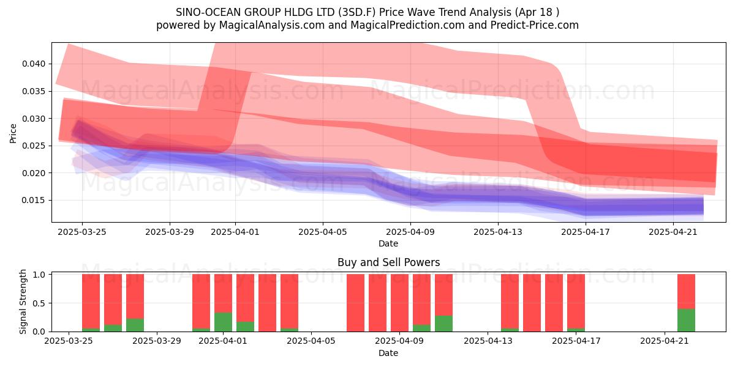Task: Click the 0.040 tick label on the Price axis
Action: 34,64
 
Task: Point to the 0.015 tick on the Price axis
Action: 34,200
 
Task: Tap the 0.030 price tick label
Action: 34,118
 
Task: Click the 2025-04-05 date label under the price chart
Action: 323,232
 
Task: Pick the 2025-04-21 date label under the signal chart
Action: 665,341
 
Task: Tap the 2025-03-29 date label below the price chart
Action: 170,232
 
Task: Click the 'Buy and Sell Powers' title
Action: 388,262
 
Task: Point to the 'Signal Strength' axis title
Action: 23,302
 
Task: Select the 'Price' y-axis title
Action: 13,133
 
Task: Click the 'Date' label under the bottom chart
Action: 388,354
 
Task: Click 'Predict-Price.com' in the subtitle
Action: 535,25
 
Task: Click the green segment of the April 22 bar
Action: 687,320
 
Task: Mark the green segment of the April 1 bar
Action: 223,322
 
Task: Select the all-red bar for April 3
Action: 268,303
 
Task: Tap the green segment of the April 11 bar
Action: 443,324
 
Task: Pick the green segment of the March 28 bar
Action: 135,325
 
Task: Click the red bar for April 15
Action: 532,303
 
